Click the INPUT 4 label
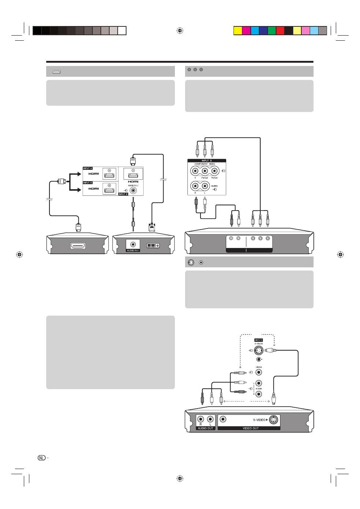coord(88,168)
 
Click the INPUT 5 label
coord(88,183)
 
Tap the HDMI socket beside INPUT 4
coord(109,175)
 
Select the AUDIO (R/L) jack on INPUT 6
coord(133,190)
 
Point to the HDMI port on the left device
coord(78,246)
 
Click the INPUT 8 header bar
coord(207,161)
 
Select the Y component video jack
coord(195,171)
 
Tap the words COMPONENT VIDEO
coord(205,164)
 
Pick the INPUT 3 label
coord(258,340)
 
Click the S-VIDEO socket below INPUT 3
coord(258,350)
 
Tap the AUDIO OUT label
coord(205,428)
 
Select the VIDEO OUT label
coord(250,428)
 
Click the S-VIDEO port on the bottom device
coord(273,420)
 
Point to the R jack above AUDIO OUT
coord(201,419)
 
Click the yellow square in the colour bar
coord(238,30)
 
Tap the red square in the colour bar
coord(280,30)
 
